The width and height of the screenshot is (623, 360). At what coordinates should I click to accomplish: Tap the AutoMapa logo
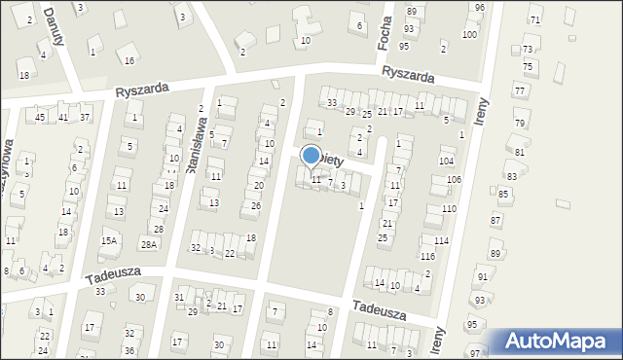553,342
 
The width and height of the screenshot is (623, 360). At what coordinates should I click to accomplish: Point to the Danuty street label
53,18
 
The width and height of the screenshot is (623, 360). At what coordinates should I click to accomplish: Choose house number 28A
148,244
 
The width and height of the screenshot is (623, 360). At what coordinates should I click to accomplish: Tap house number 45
40,118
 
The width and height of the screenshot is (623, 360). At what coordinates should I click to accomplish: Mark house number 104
446,161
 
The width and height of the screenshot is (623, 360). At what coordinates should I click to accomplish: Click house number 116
427,256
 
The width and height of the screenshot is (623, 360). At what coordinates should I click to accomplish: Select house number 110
448,209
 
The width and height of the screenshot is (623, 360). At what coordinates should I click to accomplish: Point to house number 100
469,35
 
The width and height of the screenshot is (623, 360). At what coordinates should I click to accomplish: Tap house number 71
534,20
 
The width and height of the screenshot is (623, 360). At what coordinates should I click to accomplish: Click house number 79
519,124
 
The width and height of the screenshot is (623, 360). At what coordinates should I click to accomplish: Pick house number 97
474,351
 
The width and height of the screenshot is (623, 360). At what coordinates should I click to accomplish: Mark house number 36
129,349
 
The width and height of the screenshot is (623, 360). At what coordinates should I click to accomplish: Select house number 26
255,206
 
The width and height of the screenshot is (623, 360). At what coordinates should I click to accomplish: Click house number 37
85,118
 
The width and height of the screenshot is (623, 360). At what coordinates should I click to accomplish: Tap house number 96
479,7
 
